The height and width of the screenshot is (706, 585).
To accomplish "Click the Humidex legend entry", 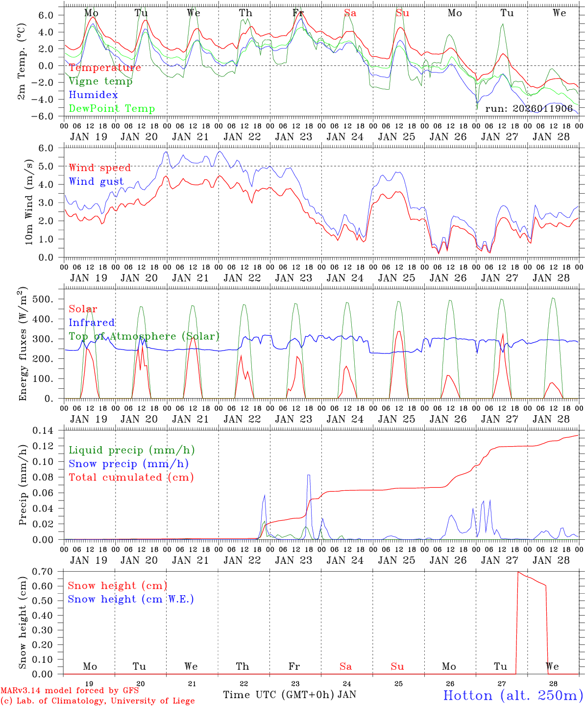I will [x=94, y=95].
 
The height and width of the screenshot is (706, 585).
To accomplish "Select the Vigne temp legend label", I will [x=100, y=81].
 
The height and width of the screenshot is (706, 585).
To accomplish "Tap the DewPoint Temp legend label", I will [x=112, y=109].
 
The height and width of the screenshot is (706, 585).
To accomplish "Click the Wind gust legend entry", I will [x=96, y=181].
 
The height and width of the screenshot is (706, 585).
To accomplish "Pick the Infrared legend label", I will [x=92, y=323].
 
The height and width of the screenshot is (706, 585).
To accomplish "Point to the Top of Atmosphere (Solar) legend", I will [x=144, y=336].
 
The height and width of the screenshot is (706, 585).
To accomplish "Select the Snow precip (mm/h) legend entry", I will [x=128, y=464].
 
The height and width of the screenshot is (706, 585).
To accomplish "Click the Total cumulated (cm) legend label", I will [x=131, y=478].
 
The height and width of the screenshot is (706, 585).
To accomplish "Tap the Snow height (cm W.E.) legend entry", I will [x=131, y=599].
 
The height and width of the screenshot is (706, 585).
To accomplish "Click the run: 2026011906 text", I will [x=529, y=109].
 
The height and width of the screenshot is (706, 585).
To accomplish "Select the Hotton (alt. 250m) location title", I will [x=512, y=695].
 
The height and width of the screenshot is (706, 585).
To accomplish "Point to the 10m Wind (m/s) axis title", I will [x=29, y=201].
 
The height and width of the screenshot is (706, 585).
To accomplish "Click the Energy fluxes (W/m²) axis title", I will [x=23, y=346].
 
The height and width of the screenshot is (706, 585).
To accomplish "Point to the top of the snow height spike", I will [x=518, y=572].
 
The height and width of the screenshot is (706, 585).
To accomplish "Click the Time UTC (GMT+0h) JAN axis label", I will [x=290, y=695].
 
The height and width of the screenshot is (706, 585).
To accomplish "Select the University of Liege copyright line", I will [x=97, y=701].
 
